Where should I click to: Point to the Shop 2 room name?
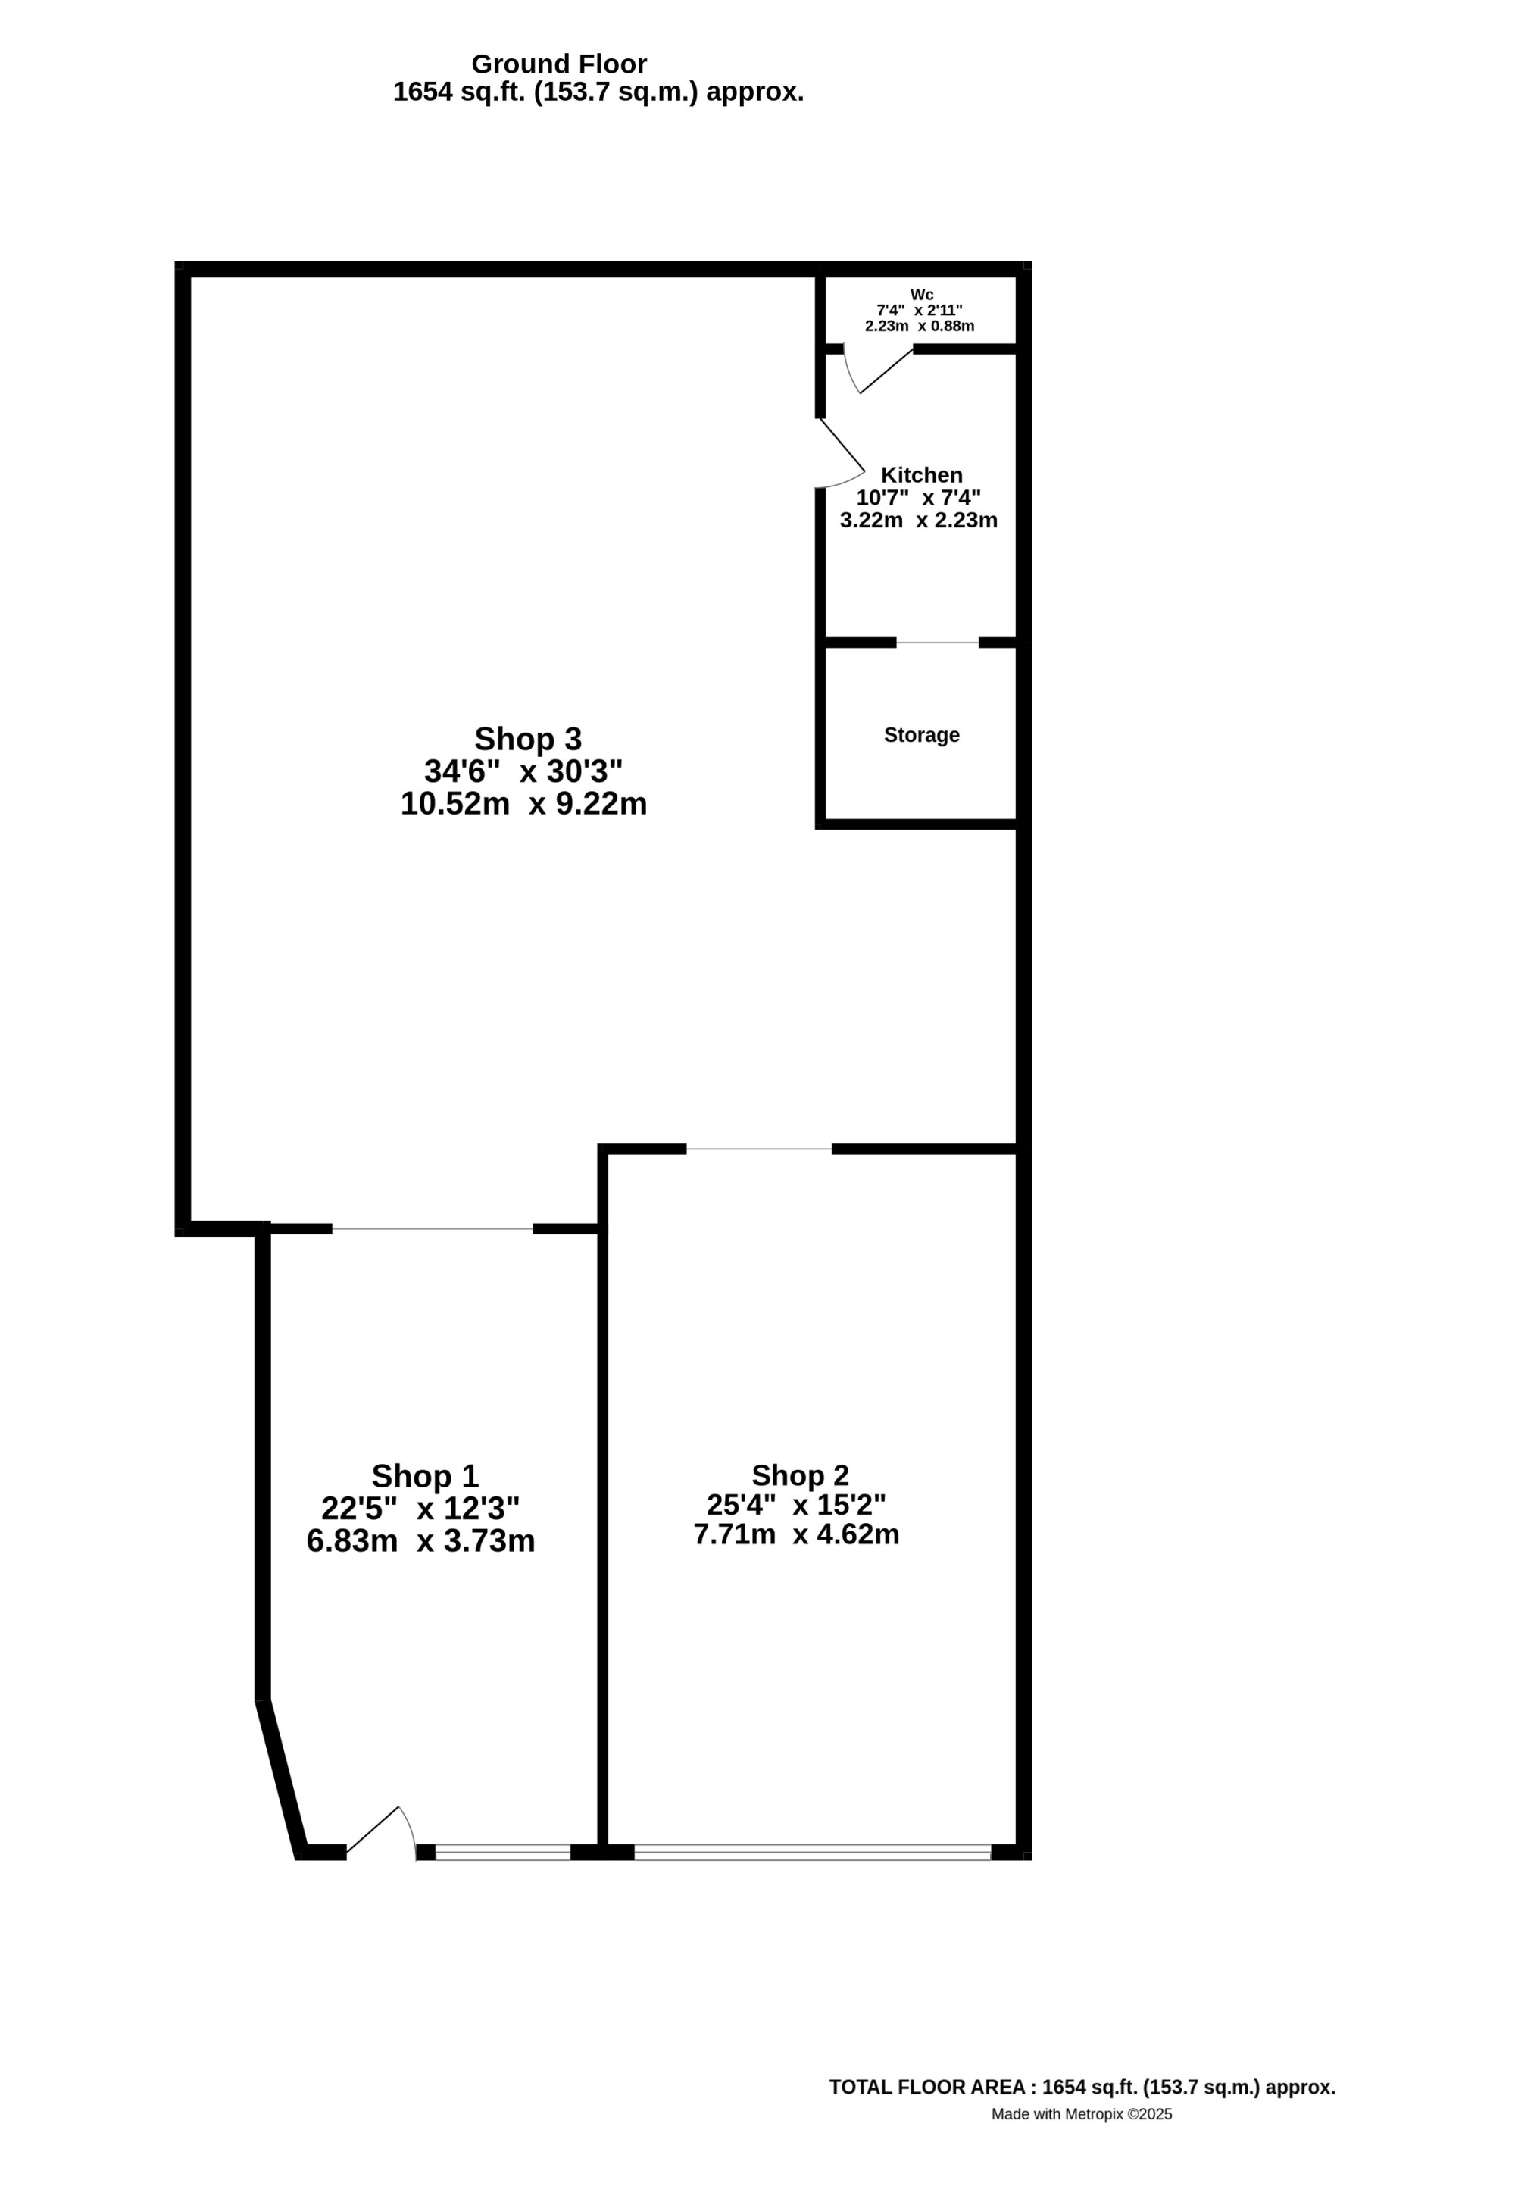point(800,1475)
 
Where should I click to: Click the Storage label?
point(921,734)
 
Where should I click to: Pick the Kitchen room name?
point(921,475)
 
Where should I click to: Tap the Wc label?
point(921,295)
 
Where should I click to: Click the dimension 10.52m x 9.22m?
point(523,804)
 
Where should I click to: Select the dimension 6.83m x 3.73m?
point(420,1540)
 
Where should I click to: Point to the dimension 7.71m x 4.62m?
point(796,1534)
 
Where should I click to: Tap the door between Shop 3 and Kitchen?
point(842,454)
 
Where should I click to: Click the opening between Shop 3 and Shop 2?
point(759,1149)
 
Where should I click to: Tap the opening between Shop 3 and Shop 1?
point(433,1230)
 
